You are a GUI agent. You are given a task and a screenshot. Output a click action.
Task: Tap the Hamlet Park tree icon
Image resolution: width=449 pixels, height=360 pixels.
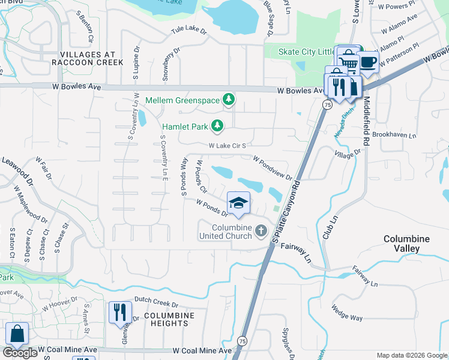coord(217,126)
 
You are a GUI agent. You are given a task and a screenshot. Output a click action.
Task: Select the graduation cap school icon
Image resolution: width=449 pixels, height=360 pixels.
coord(238,202)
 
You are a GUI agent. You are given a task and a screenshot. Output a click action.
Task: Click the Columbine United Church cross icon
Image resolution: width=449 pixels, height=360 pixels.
coord(261,230)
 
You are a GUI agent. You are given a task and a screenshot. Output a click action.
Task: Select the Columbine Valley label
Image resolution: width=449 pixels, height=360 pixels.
coord(406,243)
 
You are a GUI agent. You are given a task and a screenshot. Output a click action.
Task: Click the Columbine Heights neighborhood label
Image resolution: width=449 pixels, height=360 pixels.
coord(161,319)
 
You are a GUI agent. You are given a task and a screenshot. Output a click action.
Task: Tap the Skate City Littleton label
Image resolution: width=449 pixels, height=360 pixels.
coord(306,52)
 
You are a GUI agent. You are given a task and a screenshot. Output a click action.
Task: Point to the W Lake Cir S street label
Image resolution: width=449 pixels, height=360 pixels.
coord(229,145)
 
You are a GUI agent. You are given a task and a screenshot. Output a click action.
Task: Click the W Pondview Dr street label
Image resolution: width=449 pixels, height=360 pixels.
coord(273,169)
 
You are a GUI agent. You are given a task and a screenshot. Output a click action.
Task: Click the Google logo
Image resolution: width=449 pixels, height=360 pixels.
coord(20,353)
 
